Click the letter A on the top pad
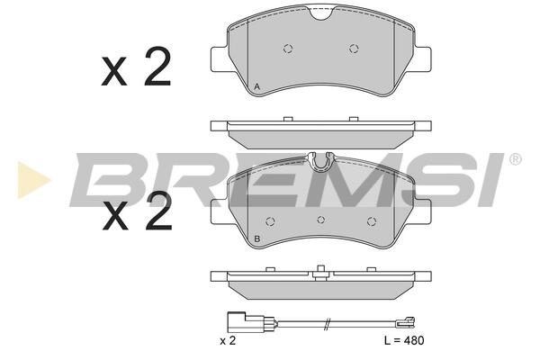tap(256, 87)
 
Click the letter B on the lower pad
tap(256, 238)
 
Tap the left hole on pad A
tap(288, 49)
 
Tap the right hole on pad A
tap(354, 49)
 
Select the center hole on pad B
tap(321, 220)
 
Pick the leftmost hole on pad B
tap(270, 221)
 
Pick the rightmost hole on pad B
tap(371, 221)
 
